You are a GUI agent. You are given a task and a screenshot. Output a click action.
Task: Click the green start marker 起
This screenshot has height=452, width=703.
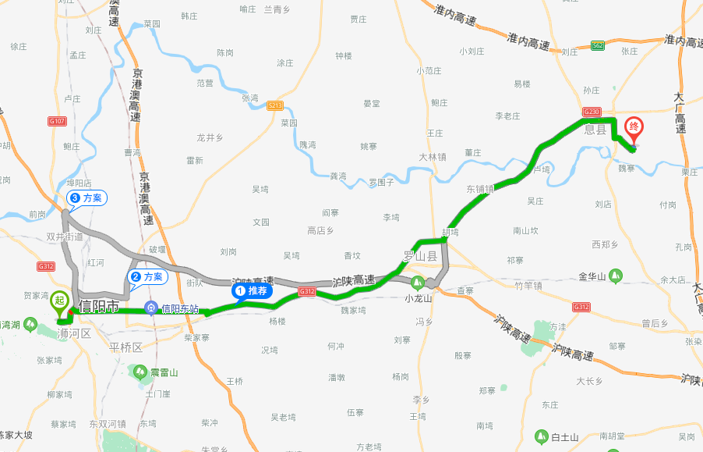(x=59, y=301)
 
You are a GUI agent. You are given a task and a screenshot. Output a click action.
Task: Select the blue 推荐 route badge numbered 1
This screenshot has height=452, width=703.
(x=252, y=291)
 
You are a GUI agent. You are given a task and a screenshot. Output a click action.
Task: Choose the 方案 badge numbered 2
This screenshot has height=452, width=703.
(x=147, y=276)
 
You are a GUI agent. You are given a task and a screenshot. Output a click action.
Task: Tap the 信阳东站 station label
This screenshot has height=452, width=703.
(x=180, y=308)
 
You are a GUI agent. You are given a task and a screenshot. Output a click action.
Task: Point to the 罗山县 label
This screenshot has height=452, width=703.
(x=419, y=256)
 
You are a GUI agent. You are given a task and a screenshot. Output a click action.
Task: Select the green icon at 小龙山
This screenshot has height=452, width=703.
(x=418, y=283)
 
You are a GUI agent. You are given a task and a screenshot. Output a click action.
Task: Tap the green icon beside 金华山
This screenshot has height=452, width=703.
(x=616, y=276)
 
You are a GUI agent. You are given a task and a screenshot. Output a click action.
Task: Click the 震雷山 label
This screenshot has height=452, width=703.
(x=164, y=372)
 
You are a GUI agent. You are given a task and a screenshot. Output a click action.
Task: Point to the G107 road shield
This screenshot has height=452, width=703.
(x=57, y=121)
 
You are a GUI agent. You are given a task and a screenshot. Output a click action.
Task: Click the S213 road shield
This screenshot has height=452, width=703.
(x=274, y=105)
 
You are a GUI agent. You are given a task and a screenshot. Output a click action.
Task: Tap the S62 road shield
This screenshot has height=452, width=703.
(x=597, y=46)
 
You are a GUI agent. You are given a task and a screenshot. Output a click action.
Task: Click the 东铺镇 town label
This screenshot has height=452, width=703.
(x=480, y=189)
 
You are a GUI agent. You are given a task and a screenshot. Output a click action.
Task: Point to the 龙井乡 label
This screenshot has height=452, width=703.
(x=210, y=137)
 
